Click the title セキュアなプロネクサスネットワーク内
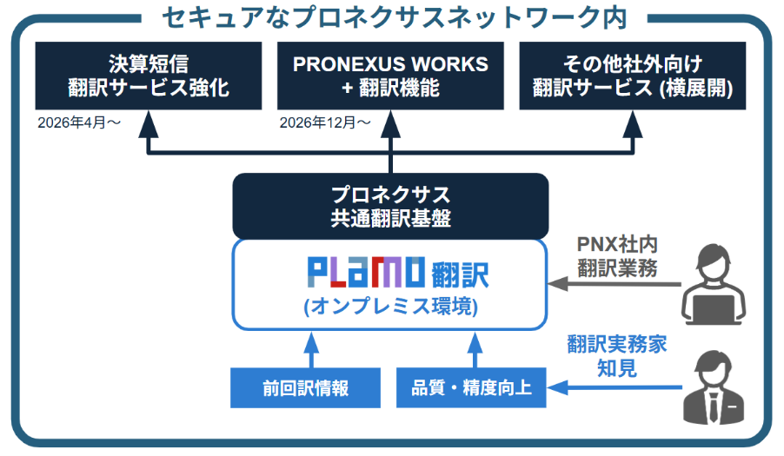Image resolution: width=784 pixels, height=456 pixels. [x=391, y=16]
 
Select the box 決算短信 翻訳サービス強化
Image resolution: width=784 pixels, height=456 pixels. [x=148, y=76]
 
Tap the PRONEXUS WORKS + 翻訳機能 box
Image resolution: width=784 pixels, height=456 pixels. [x=390, y=76]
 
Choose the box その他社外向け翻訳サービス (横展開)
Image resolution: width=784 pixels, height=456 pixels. [x=632, y=76]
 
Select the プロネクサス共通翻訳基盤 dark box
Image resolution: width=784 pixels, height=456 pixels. [x=390, y=206]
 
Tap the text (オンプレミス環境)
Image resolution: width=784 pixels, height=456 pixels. [x=390, y=307]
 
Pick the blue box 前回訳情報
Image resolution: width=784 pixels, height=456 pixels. [x=305, y=387]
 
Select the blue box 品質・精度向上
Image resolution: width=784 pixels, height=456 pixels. [x=471, y=387]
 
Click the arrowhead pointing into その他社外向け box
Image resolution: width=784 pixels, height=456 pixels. [x=632, y=122]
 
